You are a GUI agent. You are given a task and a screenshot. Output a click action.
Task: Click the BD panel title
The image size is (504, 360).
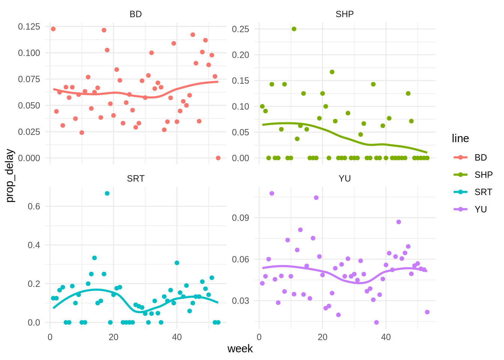pos(135,14)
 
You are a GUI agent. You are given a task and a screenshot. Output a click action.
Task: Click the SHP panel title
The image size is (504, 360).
pos(345,14)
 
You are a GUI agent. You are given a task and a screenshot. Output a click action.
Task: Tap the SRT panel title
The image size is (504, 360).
pos(135,178)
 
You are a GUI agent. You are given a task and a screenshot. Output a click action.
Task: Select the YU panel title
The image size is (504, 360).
pos(345,178)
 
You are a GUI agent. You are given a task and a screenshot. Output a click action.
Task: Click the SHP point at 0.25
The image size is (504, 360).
pos(294,29)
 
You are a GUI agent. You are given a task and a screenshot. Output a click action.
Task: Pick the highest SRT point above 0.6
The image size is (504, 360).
pos(107,193)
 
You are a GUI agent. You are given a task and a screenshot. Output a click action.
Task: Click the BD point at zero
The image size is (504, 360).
pos(218,158)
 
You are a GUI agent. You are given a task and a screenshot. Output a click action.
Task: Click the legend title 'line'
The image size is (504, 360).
pos(460,138)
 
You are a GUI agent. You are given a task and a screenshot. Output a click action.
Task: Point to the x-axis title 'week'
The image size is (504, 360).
pos(240,349)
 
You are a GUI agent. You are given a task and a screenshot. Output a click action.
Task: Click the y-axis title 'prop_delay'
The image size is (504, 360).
pos(10,176)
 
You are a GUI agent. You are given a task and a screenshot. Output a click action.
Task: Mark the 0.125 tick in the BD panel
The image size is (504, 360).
pos(29,27)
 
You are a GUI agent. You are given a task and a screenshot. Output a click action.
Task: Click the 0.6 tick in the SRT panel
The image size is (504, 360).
pos(34,206)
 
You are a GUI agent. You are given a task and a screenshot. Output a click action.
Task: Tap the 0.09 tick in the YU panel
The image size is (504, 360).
pos(240,218)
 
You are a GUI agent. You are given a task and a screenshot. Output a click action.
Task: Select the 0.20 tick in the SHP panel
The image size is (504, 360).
pos(240,55)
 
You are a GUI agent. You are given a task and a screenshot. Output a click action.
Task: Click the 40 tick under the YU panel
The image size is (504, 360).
pos(386,337)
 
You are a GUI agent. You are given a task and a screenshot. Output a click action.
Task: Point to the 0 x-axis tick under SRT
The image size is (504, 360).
pos(50,337)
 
